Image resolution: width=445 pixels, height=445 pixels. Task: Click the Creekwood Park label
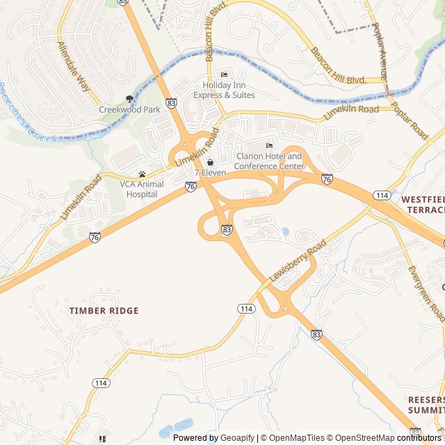pos(129,109)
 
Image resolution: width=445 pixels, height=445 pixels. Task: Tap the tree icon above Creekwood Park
pos(129,99)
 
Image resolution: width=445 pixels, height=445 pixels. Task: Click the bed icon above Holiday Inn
pos(224,75)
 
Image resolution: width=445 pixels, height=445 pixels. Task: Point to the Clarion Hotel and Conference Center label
pos(269,161)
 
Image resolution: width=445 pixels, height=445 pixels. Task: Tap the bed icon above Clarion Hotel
pos(269,145)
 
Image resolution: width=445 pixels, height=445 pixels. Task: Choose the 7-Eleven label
pos(210,172)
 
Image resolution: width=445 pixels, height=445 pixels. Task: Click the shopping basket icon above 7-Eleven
pos(210,162)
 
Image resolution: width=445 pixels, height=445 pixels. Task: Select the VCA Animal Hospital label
pos(142,189)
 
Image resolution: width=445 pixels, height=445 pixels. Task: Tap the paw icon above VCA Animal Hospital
pos(142,175)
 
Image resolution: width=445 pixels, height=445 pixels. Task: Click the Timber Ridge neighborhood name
pos(104,311)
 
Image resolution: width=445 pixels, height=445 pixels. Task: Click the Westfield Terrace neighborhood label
pos(423,204)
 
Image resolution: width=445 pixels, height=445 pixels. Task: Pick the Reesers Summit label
pos(426,405)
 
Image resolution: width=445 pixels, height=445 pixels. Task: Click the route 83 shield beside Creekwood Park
pos(172,103)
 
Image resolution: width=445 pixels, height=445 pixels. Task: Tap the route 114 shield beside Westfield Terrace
pos(382,195)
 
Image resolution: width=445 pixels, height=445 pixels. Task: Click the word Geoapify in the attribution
pos(237,438)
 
